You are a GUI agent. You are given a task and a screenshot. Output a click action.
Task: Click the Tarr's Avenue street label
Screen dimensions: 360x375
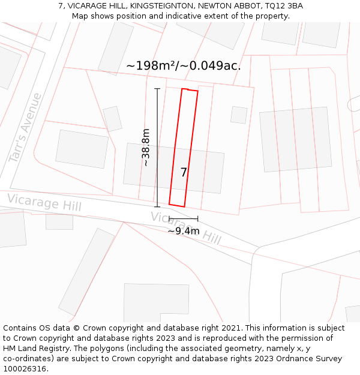25,127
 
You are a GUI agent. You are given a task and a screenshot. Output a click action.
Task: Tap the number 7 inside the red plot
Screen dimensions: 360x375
184,172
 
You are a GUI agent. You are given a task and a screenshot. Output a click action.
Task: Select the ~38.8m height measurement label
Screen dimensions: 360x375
146,148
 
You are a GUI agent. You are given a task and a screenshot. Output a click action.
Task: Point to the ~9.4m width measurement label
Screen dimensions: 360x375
183,231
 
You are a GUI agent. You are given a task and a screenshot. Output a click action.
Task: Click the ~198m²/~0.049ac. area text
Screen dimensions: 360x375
184,66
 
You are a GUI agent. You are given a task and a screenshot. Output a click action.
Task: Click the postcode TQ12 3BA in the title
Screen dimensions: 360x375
282,6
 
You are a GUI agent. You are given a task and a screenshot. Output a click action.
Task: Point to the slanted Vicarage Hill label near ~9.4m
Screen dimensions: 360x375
186,229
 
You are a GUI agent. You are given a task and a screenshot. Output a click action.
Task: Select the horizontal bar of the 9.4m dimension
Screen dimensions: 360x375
183,218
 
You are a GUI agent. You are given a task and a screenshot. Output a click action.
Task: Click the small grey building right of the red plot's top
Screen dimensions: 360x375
239,115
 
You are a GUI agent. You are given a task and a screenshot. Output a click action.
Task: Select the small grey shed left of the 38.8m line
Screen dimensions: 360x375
112,119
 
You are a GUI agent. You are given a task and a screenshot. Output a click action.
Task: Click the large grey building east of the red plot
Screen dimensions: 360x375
295,139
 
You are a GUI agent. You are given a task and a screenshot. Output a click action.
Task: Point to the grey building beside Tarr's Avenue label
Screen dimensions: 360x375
82,149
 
